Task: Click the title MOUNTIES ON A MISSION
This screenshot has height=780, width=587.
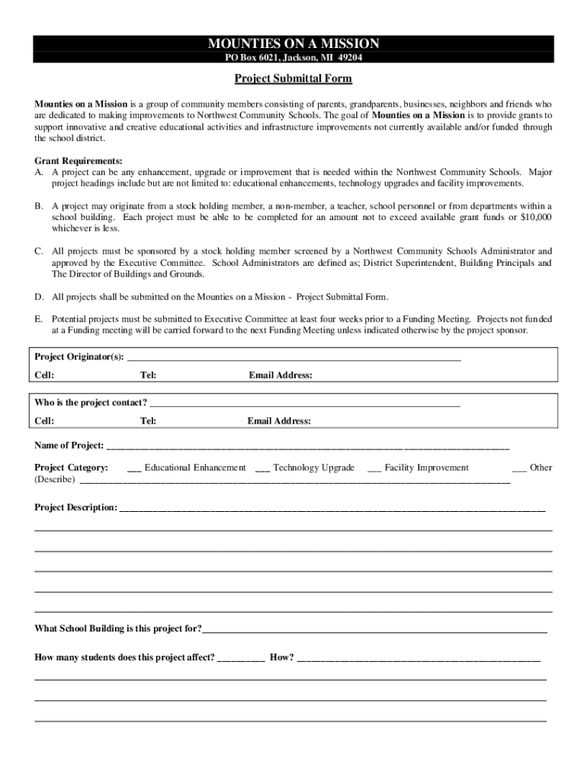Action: [293, 43]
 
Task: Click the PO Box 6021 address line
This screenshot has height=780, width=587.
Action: [293, 57]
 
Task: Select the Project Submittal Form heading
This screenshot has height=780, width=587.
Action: [293, 78]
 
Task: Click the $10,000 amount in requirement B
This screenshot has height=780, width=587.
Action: [536, 217]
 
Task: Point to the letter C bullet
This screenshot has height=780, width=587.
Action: [38, 251]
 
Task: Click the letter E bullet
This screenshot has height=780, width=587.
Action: [38, 319]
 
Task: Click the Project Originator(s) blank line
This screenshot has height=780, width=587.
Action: [293, 358]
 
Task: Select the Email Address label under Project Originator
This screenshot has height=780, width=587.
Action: [281, 376]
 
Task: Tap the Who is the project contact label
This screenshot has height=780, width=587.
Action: [91, 403]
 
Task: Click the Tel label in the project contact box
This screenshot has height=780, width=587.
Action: [149, 421]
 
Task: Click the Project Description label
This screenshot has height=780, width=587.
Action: [76, 507]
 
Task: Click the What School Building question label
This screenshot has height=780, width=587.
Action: [118, 629]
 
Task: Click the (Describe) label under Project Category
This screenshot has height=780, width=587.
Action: [55, 480]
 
